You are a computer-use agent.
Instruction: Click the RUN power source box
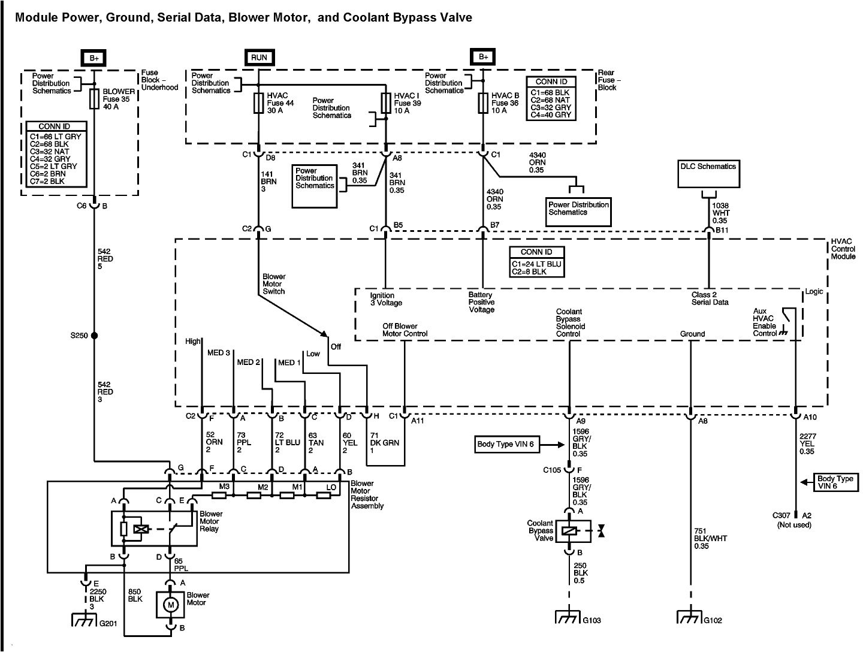(x=259, y=58)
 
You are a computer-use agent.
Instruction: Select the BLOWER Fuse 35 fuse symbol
(x=94, y=99)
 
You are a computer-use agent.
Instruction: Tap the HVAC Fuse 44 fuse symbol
(x=259, y=102)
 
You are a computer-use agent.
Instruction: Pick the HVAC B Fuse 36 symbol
(x=483, y=102)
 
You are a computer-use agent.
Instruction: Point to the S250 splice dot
(x=94, y=336)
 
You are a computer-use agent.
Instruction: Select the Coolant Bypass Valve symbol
(x=568, y=530)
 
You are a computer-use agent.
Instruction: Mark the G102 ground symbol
(x=690, y=618)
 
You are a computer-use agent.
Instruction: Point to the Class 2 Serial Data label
(x=709, y=298)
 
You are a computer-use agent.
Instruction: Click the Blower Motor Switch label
(x=274, y=284)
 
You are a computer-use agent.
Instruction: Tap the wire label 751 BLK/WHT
(x=710, y=542)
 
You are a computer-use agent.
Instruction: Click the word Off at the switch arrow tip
(x=336, y=346)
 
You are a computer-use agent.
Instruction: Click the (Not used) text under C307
(x=794, y=525)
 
